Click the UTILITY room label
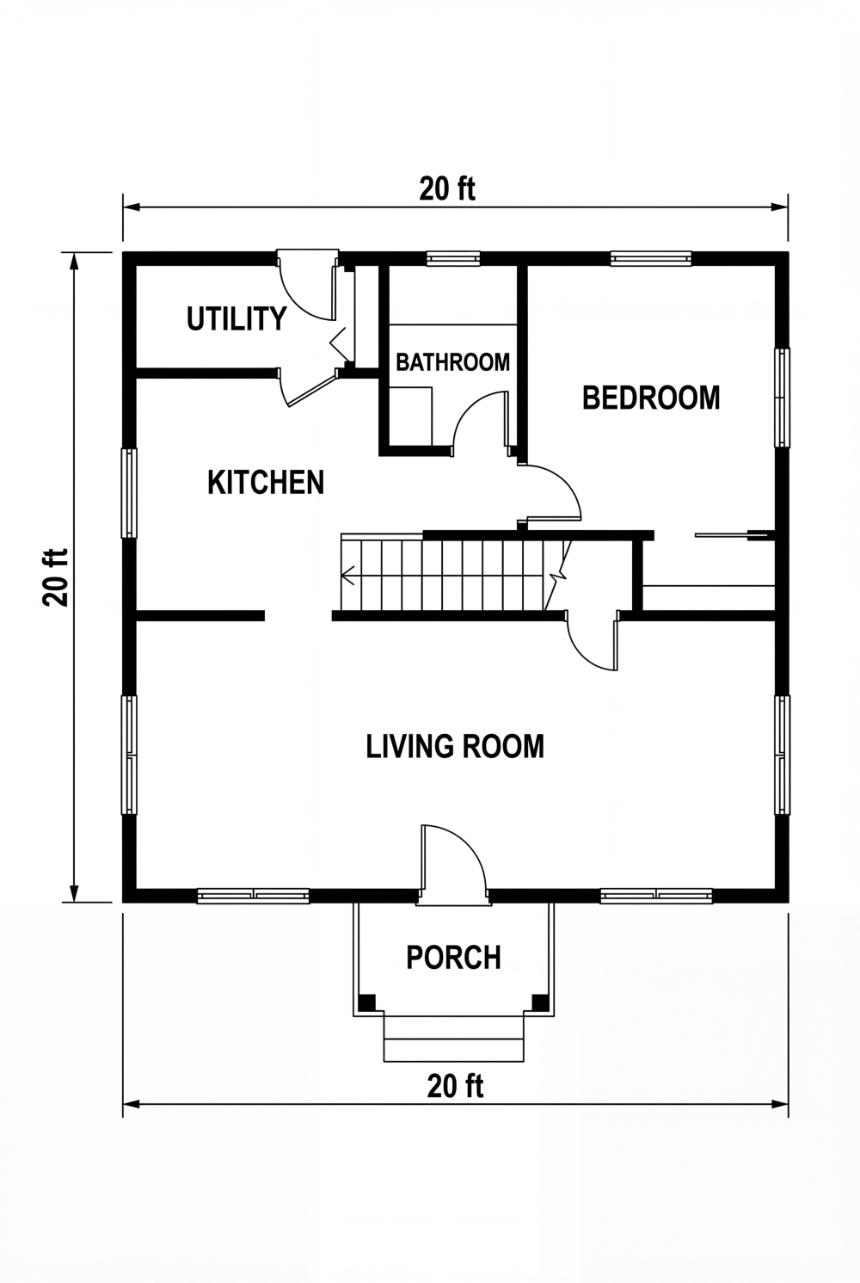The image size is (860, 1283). (236, 319)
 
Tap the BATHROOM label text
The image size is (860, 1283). (452, 362)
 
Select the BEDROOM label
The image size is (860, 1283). (651, 398)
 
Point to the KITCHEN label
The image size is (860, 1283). (266, 483)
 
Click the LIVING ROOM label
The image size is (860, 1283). (455, 746)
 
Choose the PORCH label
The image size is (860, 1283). (453, 958)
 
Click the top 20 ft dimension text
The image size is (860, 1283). (447, 188)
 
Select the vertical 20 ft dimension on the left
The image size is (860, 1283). (56, 577)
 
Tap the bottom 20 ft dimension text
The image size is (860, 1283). (455, 1087)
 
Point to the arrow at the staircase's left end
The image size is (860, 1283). (347, 575)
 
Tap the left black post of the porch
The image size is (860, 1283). (366, 1002)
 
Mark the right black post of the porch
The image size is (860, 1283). (540, 1002)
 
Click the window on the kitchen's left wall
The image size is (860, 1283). (129, 493)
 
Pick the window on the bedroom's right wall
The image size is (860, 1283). (782, 398)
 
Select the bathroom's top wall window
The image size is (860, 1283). (453, 257)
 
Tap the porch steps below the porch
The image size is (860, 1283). (453, 1039)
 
